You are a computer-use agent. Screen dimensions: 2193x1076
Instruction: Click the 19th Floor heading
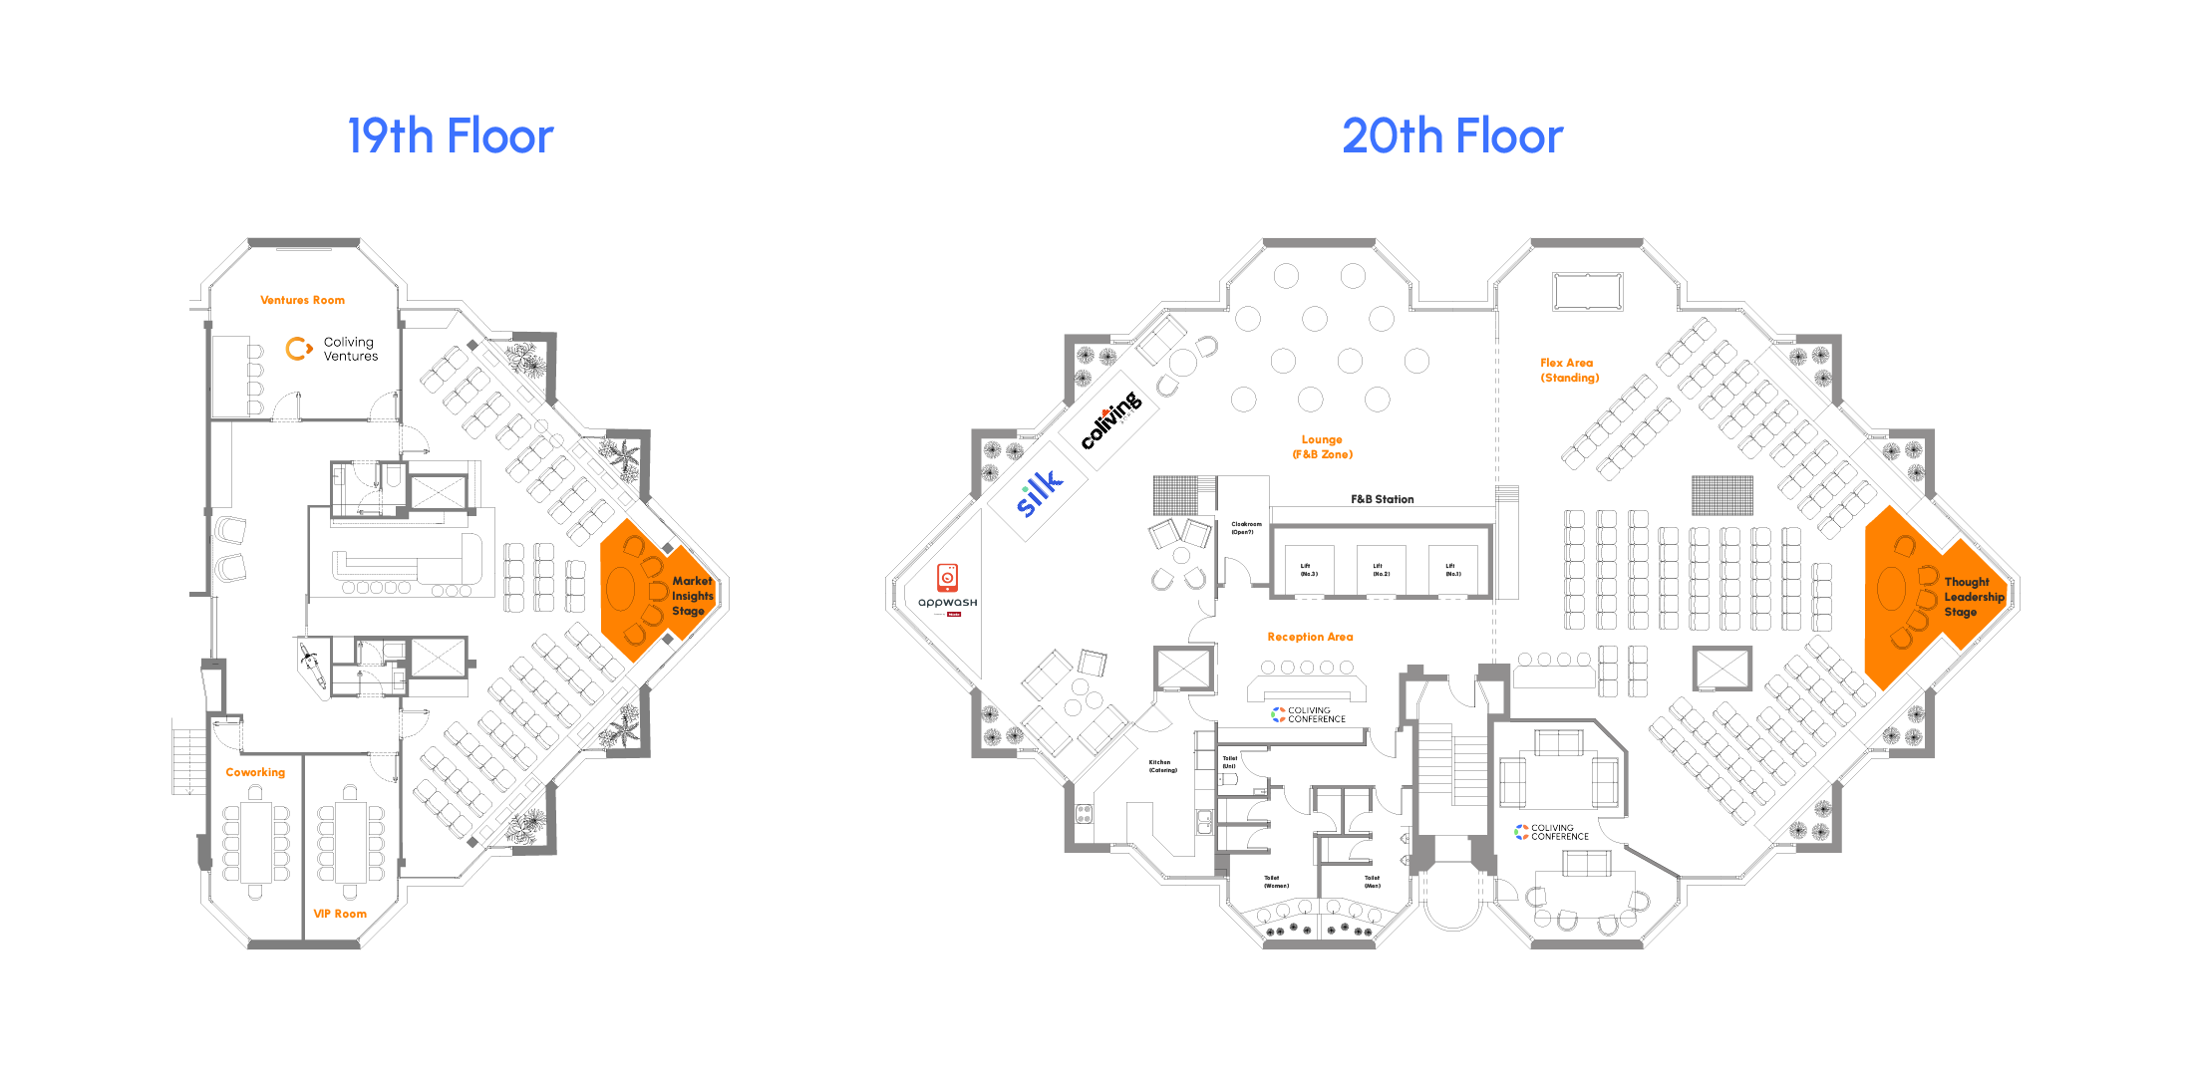[x=450, y=136]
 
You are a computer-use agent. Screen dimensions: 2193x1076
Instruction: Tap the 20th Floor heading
[x=1452, y=136]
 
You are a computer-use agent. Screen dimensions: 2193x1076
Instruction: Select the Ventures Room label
[x=302, y=300]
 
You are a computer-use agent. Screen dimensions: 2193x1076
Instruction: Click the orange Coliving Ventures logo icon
[x=298, y=349]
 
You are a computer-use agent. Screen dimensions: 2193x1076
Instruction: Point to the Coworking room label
[x=255, y=772]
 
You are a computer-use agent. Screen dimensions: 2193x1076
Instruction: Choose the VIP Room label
[x=340, y=914]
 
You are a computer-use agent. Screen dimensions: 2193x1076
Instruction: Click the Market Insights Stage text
[x=692, y=596]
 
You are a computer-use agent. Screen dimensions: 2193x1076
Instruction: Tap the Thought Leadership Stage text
[x=1973, y=597]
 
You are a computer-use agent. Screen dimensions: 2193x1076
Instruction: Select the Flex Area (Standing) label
[x=1569, y=371]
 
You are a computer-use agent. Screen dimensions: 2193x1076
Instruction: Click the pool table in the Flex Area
[x=1587, y=292]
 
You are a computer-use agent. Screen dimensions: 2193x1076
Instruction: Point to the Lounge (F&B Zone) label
[x=1322, y=446]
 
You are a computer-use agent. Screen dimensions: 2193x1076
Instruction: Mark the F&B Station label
[x=1382, y=499]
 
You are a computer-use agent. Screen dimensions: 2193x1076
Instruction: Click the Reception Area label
[x=1310, y=637]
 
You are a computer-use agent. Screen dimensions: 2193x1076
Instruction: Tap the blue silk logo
[x=1038, y=493]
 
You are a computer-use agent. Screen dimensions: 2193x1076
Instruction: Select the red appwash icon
[x=947, y=577]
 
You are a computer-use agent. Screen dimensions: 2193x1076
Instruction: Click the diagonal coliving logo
[x=1111, y=419]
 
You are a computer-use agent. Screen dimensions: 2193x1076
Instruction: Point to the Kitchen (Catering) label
[x=1162, y=766]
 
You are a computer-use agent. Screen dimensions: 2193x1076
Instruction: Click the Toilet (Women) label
[x=1276, y=882]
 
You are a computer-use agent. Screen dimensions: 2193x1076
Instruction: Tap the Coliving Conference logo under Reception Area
[x=1308, y=714]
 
